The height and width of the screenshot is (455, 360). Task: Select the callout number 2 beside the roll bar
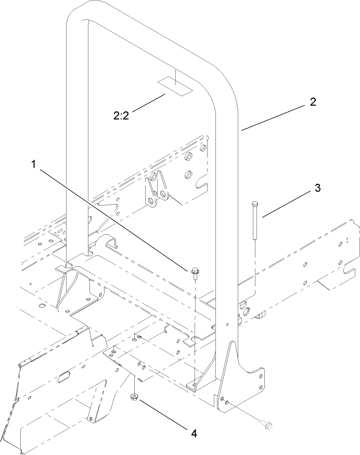click(x=313, y=103)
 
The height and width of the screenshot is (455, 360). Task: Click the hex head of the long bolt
click(x=254, y=204)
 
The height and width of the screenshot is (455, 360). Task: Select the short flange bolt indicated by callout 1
click(x=195, y=272)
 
